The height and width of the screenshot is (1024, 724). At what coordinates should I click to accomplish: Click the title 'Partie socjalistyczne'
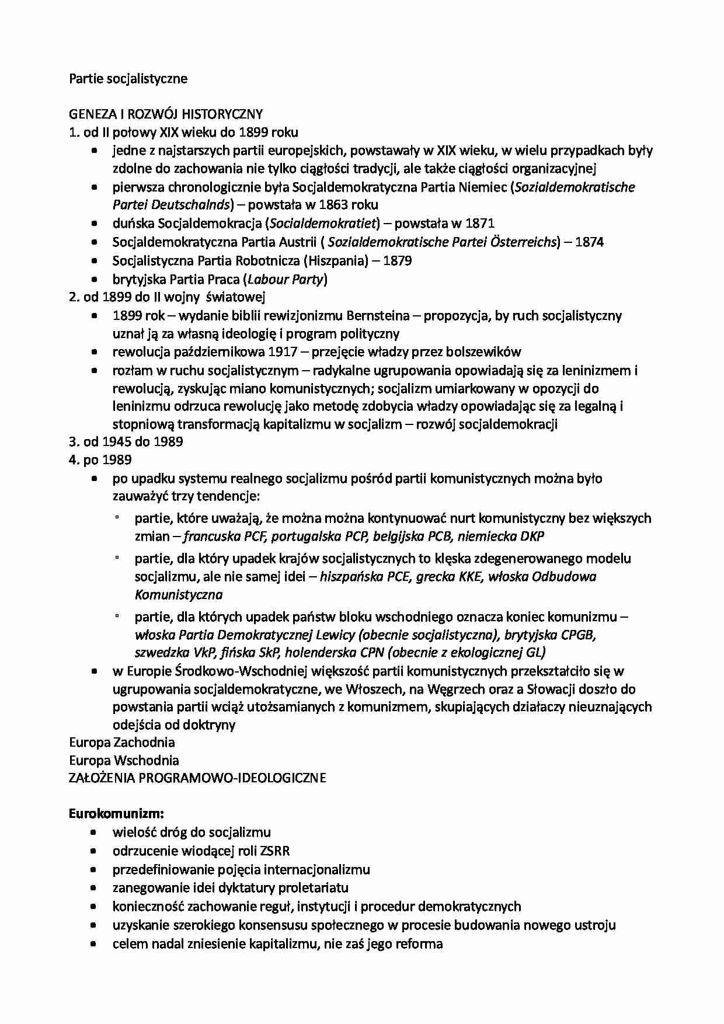(128, 78)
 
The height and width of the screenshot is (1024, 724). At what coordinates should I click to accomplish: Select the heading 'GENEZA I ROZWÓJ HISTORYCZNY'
(166, 114)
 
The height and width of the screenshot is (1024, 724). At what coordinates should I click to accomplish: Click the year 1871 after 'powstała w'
(481, 223)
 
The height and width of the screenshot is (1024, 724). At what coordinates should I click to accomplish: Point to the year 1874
(589, 242)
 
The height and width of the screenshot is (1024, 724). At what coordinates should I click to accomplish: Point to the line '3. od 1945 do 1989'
(126, 442)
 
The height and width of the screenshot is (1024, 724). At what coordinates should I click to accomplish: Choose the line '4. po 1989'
(100, 460)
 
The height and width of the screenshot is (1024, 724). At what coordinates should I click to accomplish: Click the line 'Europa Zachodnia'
(122, 743)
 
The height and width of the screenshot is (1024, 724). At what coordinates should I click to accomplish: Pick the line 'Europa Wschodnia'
(124, 761)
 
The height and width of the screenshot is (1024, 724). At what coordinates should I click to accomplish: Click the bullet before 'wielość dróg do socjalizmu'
(95, 833)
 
